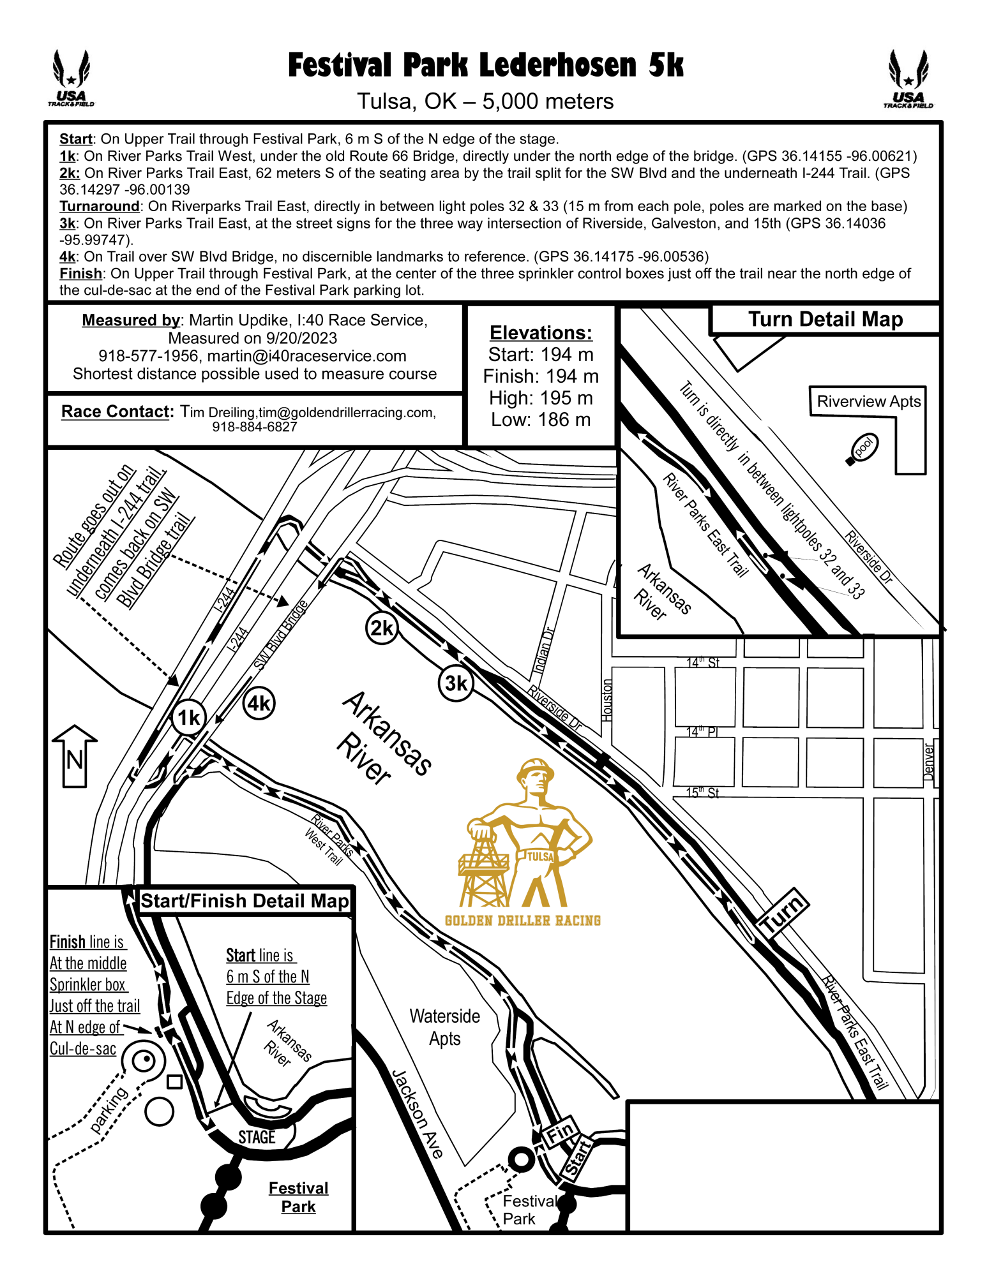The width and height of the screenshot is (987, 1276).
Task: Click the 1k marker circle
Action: click(188, 718)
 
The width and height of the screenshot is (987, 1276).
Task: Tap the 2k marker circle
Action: click(382, 628)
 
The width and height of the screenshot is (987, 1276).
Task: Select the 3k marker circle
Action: click(456, 683)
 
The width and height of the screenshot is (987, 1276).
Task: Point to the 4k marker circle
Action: click(259, 703)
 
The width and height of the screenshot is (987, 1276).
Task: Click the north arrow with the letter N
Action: click(75, 756)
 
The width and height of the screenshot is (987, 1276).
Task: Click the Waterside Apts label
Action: click(444, 1027)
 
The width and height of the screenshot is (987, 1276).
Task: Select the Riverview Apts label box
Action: click(868, 401)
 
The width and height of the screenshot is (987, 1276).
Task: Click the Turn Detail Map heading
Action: click(825, 319)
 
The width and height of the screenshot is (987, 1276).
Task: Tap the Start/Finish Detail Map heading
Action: click(245, 901)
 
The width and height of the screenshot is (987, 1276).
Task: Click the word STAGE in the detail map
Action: click(257, 1137)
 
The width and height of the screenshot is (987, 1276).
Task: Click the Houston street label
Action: click(607, 700)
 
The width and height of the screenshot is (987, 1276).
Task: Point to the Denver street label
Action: click(929, 761)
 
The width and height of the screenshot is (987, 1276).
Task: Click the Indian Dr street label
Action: click(543, 651)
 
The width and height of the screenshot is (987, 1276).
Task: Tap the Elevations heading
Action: click(541, 332)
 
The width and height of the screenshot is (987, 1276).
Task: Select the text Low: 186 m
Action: click(541, 420)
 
